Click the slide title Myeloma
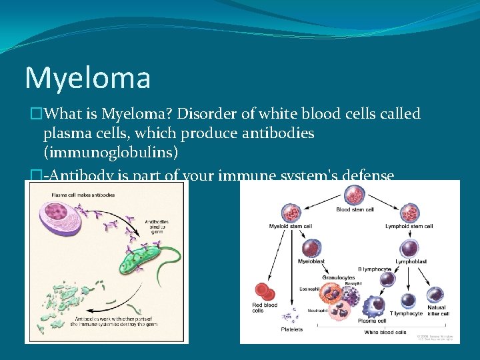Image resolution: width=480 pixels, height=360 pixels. pyautogui.click(x=87, y=78)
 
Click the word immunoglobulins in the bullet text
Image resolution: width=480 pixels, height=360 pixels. pyautogui.click(x=111, y=153)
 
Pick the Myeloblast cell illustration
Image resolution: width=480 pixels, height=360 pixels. pyautogui.click(x=311, y=247)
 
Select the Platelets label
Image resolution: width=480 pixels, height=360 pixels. pyautogui.click(x=291, y=329)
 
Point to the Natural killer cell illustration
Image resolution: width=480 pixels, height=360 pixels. pyautogui.click(x=437, y=295)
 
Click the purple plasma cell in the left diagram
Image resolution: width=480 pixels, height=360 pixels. pyautogui.click(x=61, y=222)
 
